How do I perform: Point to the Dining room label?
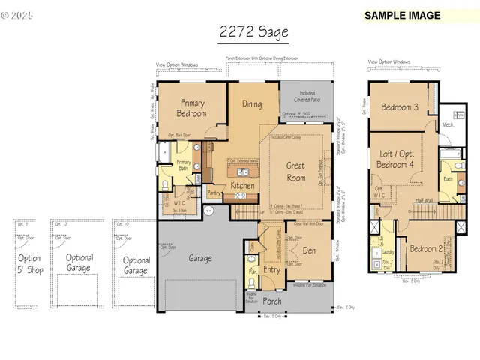(252, 104)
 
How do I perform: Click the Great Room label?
(296, 172)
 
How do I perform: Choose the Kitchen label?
(242, 185)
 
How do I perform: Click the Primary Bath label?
(184, 166)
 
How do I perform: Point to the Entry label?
(271, 270)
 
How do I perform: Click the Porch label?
(272, 301)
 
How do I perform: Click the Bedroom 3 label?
(399, 106)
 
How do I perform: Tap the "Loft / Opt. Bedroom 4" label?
(398, 158)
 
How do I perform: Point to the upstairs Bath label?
(447, 179)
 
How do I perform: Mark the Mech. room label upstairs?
(448, 124)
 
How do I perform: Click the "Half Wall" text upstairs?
(423, 200)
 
